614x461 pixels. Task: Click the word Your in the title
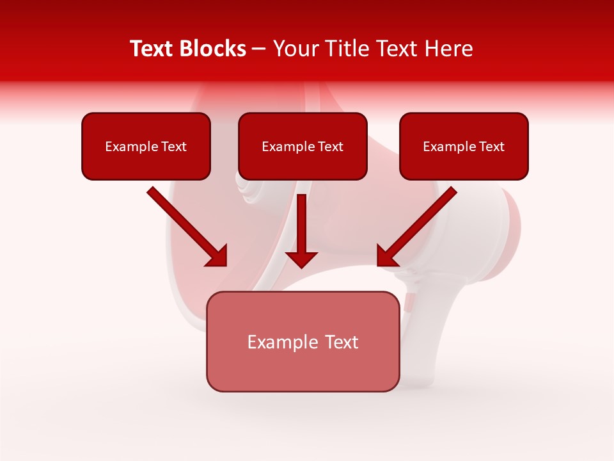(x=296, y=49)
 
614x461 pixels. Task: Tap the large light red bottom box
(x=303, y=371)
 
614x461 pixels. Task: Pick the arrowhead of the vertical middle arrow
(x=301, y=259)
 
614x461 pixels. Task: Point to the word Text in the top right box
(x=491, y=147)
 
